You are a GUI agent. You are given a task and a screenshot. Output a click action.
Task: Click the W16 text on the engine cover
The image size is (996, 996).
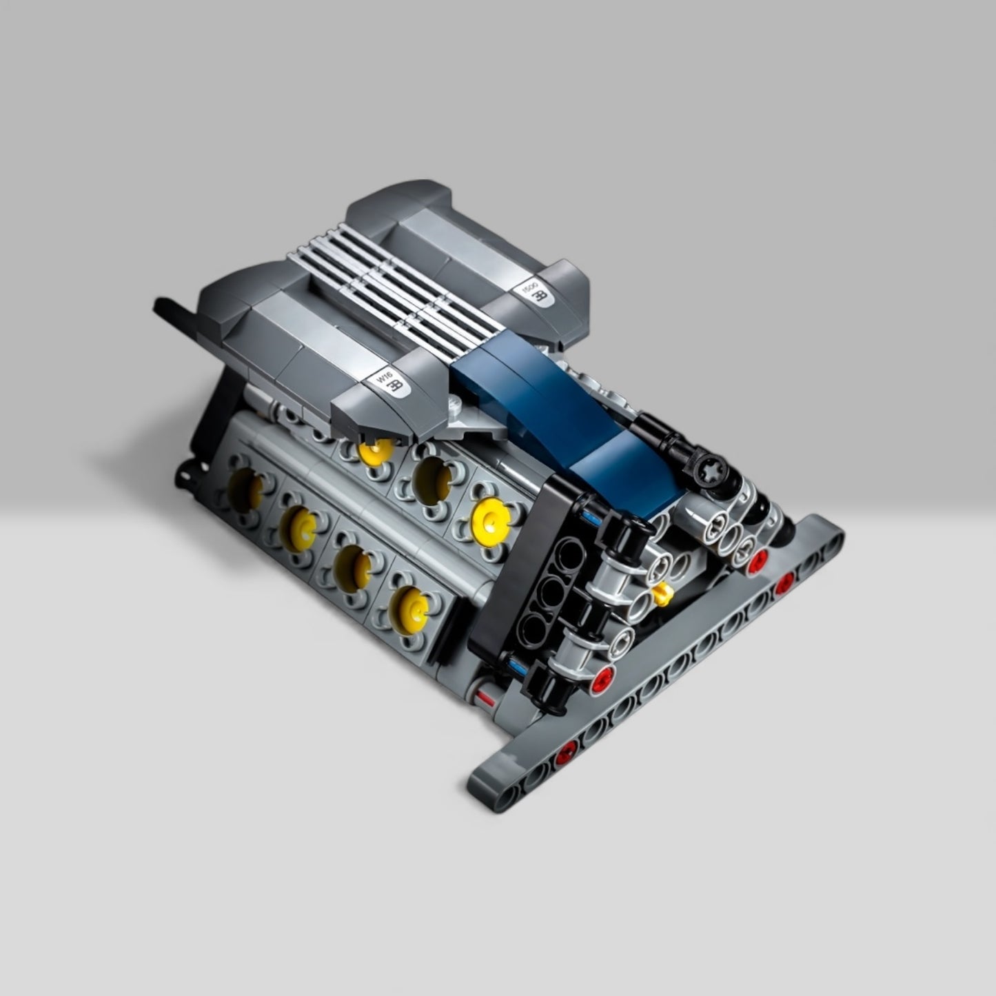tap(381, 379)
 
